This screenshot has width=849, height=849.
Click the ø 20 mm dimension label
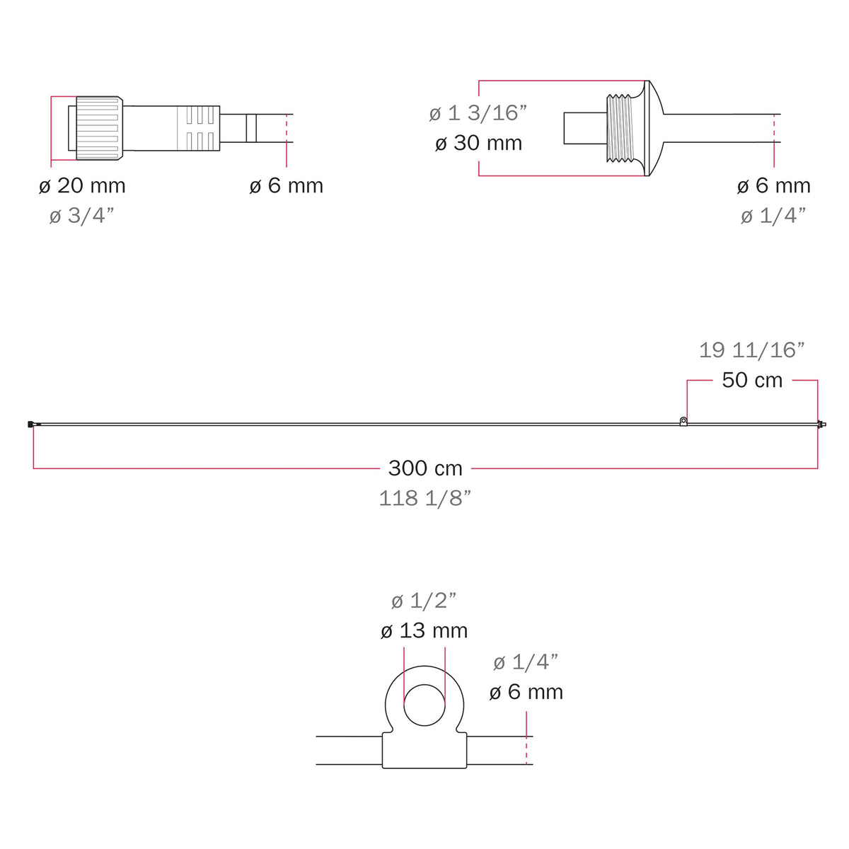(x=82, y=185)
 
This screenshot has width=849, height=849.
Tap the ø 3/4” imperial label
(x=82, y=216)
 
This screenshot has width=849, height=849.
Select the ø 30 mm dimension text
(x=478, y=143)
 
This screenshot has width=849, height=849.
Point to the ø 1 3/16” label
(x=478, y=113)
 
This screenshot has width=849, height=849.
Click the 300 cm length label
(x=425, y=468)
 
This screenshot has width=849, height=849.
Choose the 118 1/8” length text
(x=425, y=498)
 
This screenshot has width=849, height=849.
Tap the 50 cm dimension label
(x=752, y=380)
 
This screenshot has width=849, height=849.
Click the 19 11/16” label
(x=752, y=350)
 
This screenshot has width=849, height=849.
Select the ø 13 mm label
(x=424, y=631)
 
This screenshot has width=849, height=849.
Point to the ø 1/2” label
(x=424, y=601)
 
